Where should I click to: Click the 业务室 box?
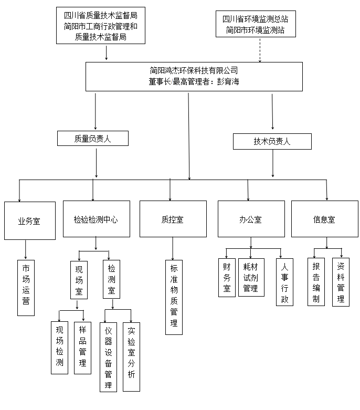coord(29,221)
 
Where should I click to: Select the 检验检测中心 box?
coord(96,219)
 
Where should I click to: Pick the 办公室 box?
coord(251,219)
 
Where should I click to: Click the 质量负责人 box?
coord(93,139)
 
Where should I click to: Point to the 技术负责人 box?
coord(272,141)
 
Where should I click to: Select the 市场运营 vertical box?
coord(26,287)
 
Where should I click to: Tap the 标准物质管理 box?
coord(174,297)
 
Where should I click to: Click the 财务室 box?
coord(227,278)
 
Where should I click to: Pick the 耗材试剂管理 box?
coord(251,277)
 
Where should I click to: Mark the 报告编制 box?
coord(316,281)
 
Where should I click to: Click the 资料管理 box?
coord(341,281)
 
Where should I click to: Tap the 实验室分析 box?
coord(131,356)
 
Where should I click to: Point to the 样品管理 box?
coord(82,348)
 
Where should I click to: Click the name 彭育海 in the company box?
coord(227,82)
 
